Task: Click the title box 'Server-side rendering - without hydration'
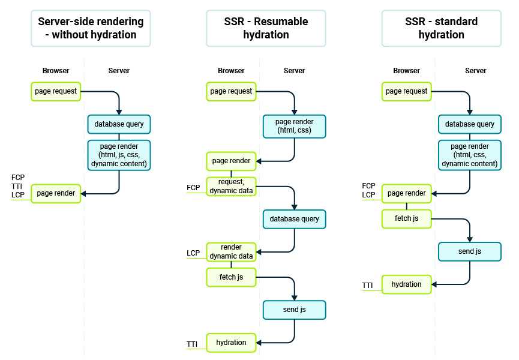(91, 28)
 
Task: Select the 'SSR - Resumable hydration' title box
(266, 28)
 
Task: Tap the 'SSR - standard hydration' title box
(441, 28)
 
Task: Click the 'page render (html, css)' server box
(294, 127)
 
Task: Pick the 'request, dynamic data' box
(232, 186)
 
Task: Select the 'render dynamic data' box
(232, 252)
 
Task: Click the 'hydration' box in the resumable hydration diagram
(232, 343)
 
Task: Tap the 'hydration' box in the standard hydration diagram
(407, 284)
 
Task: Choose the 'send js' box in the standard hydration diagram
(470, 251)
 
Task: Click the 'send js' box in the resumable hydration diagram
(294, 310)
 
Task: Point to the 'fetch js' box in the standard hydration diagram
(407, 218)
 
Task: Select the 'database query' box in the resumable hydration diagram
(294, 219)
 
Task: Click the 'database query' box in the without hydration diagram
(119, 124)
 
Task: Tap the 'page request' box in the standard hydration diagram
(407, 91)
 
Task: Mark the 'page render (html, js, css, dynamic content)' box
(119, 155)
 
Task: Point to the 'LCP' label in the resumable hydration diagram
(193, 253)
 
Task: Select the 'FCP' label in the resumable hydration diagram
(193, 188)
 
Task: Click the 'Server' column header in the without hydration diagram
(119, 71)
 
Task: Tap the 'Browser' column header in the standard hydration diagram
(407, 71)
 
